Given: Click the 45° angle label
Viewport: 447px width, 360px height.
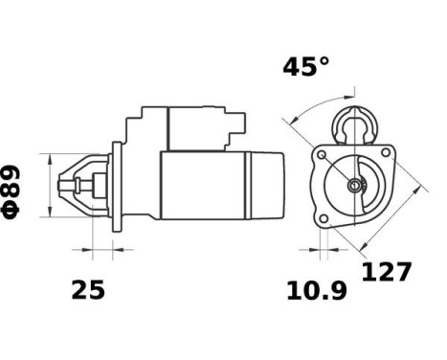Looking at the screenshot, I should click(x=304, y=67).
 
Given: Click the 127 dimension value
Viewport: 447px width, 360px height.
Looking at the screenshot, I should click(x=386, y=272).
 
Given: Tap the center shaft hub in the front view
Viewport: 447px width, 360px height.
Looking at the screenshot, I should click(x=354, y=185).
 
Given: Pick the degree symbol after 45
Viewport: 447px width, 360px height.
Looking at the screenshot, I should click(x=324, y=61).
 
